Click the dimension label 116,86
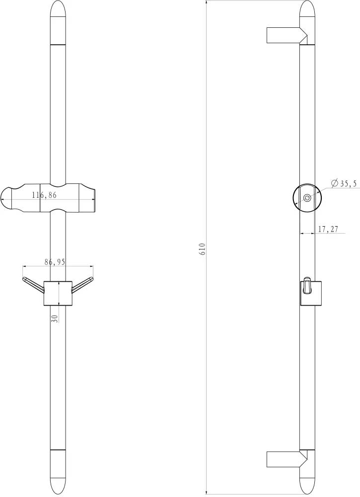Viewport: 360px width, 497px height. tap(44, 195)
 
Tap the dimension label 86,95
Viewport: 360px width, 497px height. tap(55, 262)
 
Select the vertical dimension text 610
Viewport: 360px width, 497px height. tap(203, 249)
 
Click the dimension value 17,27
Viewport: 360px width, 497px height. tap(328, 229)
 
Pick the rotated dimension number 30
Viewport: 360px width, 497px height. tap(55, 318)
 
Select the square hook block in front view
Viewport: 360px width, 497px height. tap(58, 293)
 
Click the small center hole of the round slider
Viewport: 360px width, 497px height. tap(307, 198)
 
